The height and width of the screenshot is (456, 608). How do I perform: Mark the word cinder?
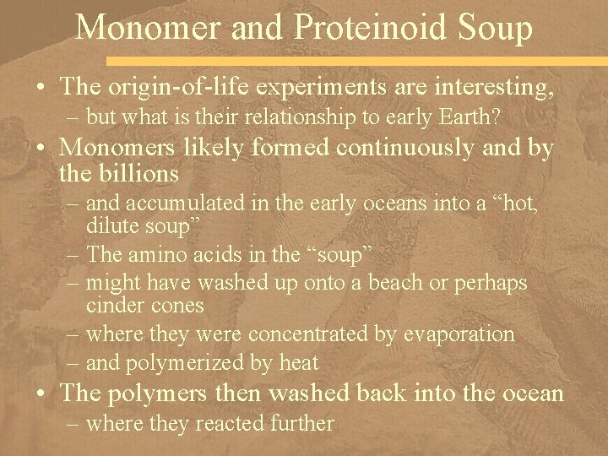click(115, 304)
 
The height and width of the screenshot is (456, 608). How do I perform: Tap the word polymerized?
click(204, 363)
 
